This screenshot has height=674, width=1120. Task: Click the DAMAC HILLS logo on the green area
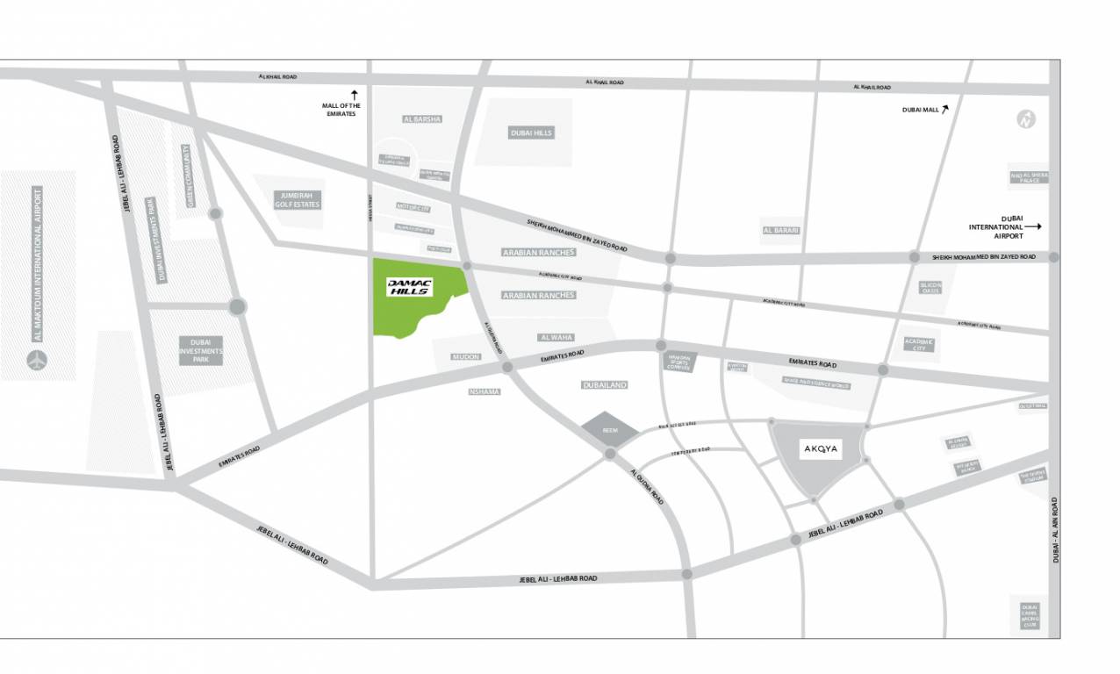[x=408, y=287]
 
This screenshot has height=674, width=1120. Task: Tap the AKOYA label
[x=822, y=449]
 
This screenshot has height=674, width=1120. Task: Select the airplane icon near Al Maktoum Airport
[x=37, y=360]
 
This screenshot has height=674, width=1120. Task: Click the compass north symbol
[x=1024, y=120]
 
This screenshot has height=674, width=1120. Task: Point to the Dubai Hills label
[x=531, y=133]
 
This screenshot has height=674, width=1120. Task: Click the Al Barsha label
[x=422, y=118]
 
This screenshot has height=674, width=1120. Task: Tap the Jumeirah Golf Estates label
[x=298, y=200]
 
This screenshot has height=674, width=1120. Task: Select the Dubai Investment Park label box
[x=201, y=350]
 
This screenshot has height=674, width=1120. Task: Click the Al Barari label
[x=780, y=230]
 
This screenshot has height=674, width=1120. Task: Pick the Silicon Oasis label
[x=930, y=288]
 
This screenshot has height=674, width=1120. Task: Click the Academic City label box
[x=919, y=344]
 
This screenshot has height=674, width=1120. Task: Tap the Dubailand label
[x=605, y=384]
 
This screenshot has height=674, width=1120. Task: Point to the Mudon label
[x=465, y=357]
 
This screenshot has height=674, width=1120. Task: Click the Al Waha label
[x=556, y=337]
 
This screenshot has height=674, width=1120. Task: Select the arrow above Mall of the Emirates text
[x=355, y=94]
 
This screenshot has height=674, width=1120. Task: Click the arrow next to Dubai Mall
[x=946, y=109]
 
